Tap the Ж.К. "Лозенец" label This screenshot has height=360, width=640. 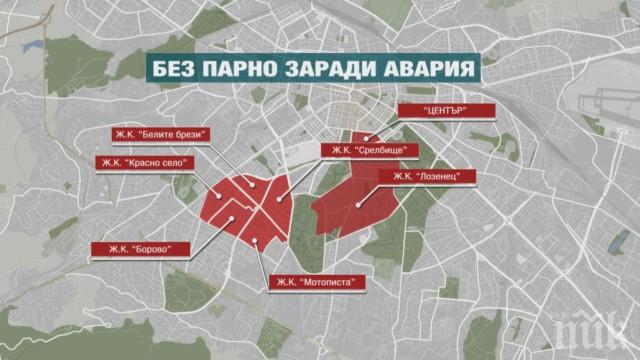point(428,177)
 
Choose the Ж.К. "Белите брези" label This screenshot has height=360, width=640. point(159,133)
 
